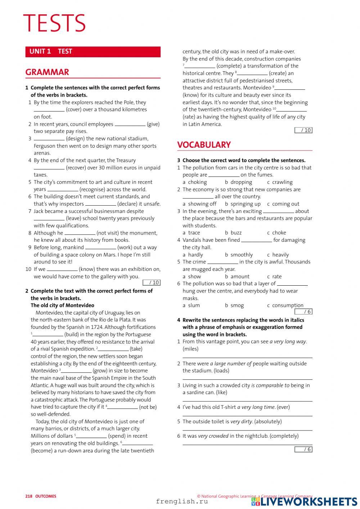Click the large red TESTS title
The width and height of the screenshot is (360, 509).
tap(54, 23)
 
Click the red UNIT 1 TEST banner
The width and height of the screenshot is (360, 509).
tap(93, 52)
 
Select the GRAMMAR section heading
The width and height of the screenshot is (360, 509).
tap(47, 72)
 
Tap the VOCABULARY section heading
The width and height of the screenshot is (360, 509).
tap(204, 145)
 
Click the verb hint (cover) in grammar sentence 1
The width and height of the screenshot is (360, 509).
tap(76, 110)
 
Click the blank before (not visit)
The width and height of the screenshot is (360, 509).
tap(80, 233)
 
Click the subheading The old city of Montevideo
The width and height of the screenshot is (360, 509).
tap(62, 305)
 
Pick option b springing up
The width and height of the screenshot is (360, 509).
tap(243, 204)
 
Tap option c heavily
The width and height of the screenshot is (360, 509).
tap(278, 255)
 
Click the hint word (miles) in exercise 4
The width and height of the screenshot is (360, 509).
tap(190, 349)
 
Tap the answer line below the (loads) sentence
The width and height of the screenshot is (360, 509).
tap(247, 379)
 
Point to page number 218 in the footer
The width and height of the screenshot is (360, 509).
tap(29, 496)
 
